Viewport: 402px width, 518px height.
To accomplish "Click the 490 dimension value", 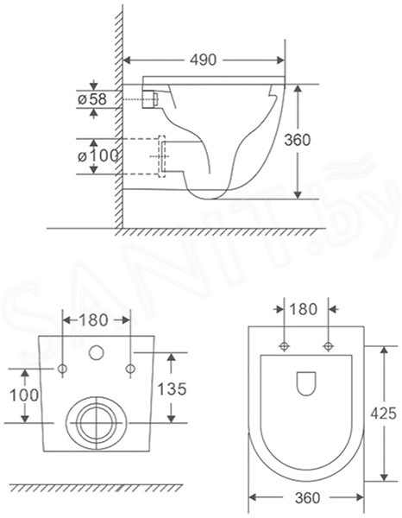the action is [204, 60].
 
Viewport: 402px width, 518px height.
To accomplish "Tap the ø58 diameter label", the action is [92, 99].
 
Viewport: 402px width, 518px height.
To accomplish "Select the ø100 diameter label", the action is [97, 156].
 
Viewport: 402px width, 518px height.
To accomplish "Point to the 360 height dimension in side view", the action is [298, 140].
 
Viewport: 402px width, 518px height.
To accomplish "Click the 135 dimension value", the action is [172, 388].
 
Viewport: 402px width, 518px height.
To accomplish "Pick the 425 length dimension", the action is [383, 414].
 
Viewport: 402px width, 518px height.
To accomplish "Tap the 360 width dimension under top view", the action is [307, 498].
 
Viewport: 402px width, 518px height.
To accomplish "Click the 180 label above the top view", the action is [303, 309].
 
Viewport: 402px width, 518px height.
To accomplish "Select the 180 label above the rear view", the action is [94, 320].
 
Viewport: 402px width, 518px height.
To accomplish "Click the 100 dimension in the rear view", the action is [24, 395].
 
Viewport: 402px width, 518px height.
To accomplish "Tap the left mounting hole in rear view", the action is [63, 369].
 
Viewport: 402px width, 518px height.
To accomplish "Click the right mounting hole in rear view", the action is [131, 369].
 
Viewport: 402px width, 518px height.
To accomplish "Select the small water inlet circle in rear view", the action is [97, 352].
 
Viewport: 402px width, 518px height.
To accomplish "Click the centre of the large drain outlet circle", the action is [96, 422].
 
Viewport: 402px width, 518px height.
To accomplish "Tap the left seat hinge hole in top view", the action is [284, 346].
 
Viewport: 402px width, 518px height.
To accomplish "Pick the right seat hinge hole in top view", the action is [328, 346].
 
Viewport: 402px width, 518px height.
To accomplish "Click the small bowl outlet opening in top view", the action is [306, 384].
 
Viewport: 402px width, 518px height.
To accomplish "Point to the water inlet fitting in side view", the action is [150, 99].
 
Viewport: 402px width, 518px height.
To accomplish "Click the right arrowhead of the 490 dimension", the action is [280, 60].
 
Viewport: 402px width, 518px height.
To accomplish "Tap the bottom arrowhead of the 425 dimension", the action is [384, 477].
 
